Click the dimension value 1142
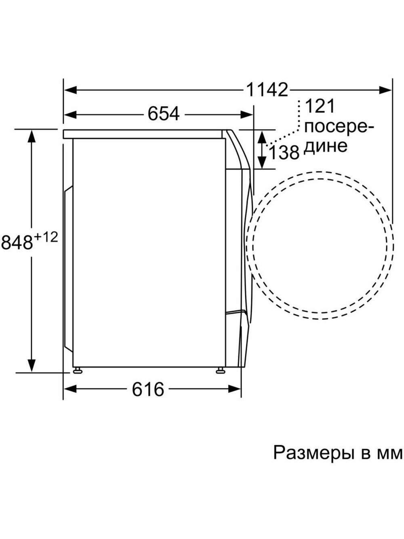[267, 90]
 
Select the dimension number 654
[164, 114]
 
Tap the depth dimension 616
[148, 389]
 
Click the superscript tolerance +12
[46, 238]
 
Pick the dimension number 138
[284, 152]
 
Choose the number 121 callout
[320, 106]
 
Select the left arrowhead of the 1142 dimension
[71, 90]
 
